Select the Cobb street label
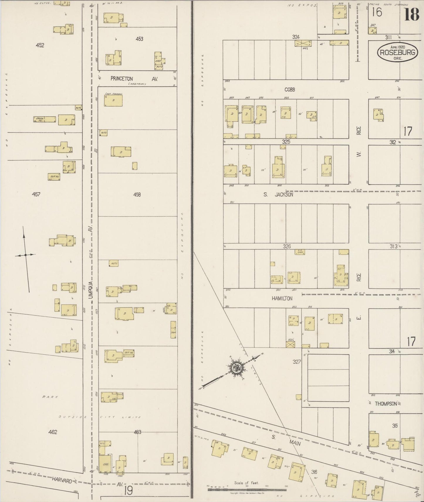289,90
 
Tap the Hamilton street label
282,298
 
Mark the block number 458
137,194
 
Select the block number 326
287,246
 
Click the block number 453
139,39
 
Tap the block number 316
314,472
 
